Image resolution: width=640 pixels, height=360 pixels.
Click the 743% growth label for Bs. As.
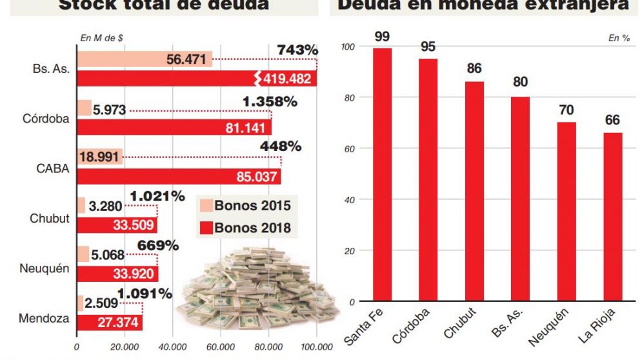[297, 50]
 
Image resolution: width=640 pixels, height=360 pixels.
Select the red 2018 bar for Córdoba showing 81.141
[174, 127]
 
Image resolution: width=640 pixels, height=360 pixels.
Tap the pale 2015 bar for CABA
[99, 157]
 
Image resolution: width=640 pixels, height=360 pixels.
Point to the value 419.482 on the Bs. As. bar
[288, 79]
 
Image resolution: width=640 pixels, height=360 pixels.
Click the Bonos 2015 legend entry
[245, 206]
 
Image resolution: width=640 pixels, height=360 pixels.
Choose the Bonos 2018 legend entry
[245, 227]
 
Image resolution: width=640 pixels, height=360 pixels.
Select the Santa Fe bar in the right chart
[383, 174]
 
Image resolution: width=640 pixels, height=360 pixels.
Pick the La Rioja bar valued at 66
[613, 217]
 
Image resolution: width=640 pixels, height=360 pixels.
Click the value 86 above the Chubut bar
[475, 68]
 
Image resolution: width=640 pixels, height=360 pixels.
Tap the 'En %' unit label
[619, 38]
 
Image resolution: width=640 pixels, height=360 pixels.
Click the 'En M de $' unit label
[102, 38]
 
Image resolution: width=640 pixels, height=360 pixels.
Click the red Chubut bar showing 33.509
[117, 225]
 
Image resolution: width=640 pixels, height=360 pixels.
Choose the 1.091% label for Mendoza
[146, 294]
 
